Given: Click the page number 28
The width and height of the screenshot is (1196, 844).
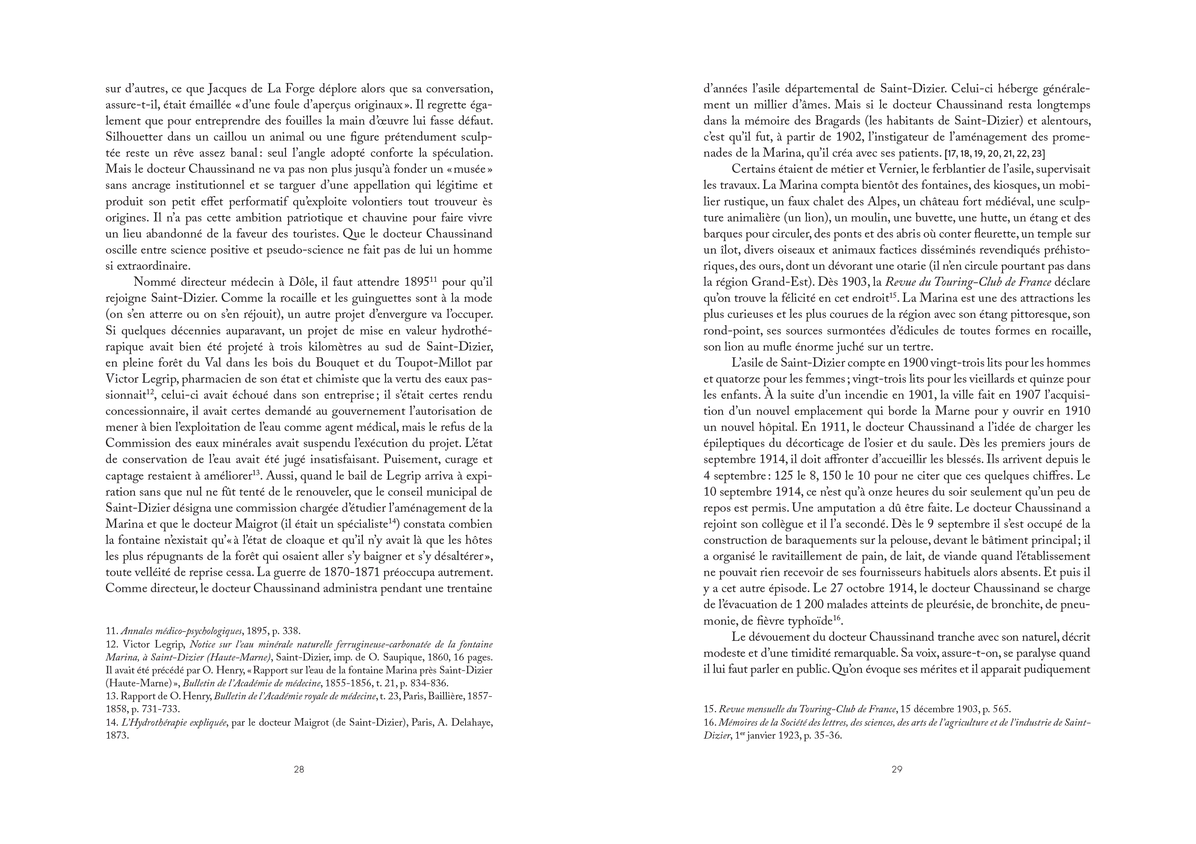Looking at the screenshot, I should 299,769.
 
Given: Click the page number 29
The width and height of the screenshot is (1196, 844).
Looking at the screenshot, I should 897,769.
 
